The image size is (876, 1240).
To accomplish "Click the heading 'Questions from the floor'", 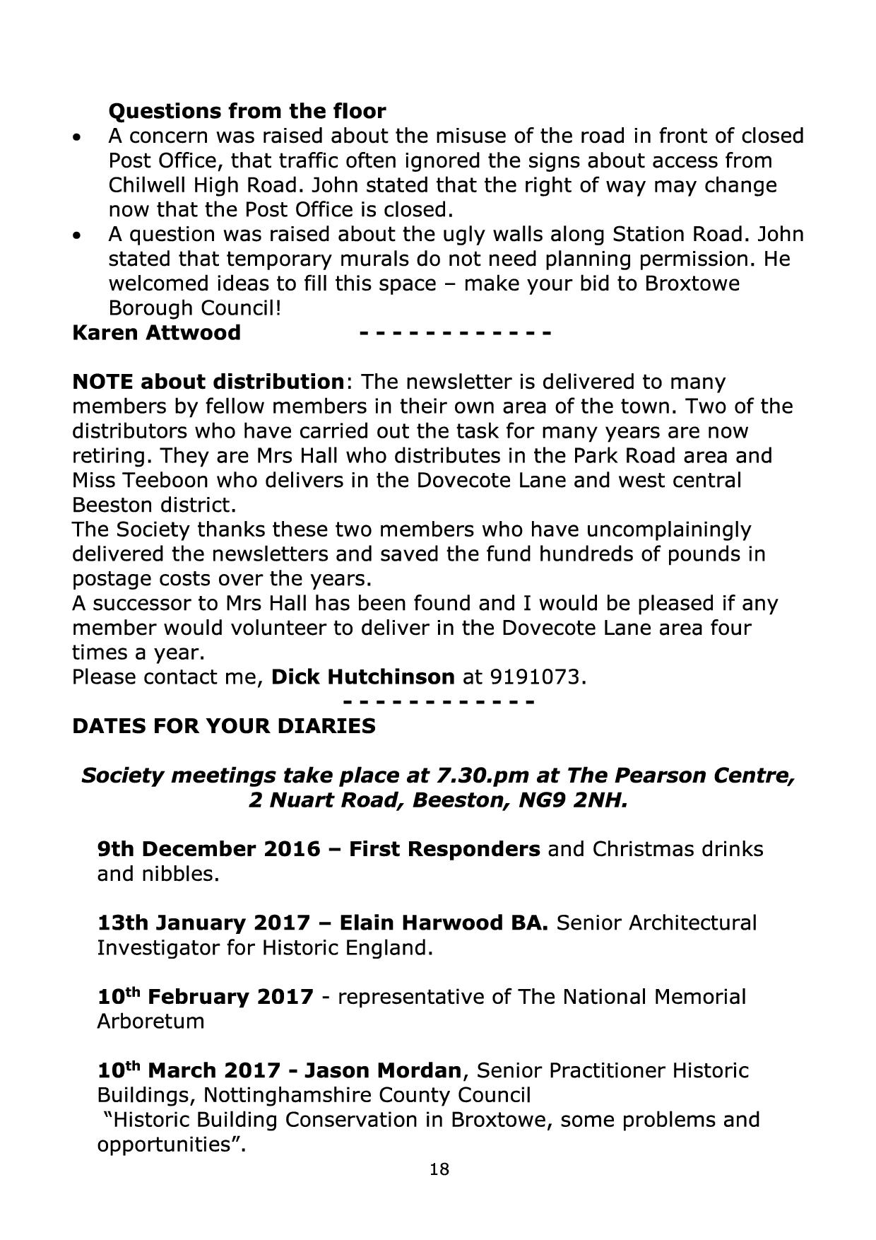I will point(247,111).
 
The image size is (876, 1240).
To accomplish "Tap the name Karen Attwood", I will point(156,332).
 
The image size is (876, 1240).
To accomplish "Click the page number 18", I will point(439,1189).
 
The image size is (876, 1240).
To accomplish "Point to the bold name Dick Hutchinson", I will point(362,677).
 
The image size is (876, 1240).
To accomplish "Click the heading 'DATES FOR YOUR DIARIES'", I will point(224,726).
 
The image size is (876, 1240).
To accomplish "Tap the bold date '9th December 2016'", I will point(208,848).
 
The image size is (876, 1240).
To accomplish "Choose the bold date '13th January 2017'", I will point(203,923).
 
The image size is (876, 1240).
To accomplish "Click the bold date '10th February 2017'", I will point(205,997).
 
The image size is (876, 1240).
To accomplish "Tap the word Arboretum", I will point(150,1022).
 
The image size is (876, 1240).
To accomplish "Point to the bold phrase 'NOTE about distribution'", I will point(208,382).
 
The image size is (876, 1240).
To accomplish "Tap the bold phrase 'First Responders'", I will point(444,848).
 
